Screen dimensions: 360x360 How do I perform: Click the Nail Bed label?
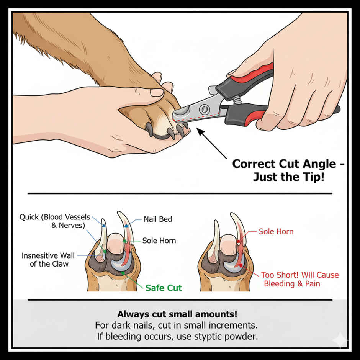point(158,219)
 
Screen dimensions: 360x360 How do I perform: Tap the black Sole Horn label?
point(159,241)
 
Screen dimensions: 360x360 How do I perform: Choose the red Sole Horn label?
point(276,231)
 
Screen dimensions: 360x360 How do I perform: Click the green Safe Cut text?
point(164,288)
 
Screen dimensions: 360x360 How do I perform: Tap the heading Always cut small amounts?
point(177,314)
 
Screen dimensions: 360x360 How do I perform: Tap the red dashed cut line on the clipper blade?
point(191,117)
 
